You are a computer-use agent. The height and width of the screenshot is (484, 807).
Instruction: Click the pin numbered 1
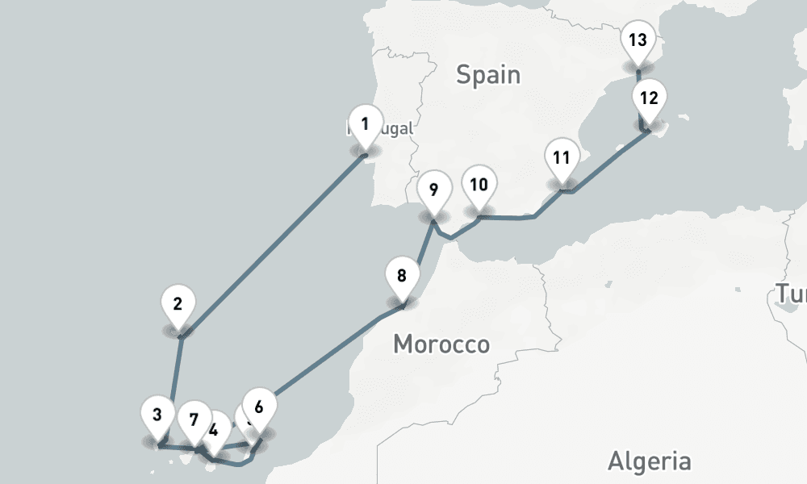pos(366,125)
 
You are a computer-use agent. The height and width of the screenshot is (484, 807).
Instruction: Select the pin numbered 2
pos(178,305)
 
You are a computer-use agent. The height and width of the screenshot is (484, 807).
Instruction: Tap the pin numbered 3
pos(157,416)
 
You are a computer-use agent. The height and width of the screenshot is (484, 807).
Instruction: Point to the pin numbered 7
pos(194,419)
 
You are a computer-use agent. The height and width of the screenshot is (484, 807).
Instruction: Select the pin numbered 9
pos(433,191)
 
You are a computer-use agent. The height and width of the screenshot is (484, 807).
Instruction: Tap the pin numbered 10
pos(479,186)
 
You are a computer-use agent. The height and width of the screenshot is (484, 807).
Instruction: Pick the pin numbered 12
pos(649,99)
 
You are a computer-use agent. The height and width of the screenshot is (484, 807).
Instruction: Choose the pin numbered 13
pos(638,40)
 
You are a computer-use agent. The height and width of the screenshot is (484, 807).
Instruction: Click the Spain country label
pos(488,75)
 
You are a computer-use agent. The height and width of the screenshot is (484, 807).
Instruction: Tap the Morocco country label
pos(441,344)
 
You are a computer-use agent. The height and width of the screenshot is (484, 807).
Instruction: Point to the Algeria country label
pos(649,461)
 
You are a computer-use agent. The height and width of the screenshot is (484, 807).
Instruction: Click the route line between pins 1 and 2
pos(274,242)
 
